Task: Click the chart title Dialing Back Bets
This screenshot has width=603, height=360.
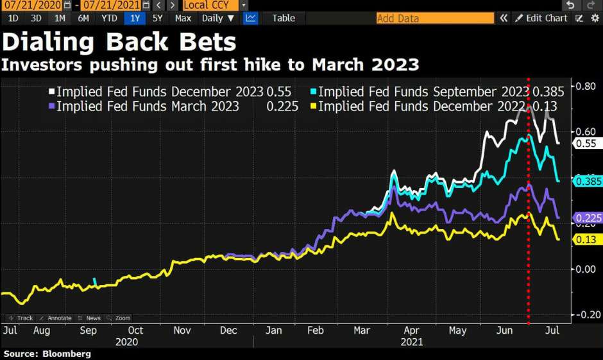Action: click(119, 42)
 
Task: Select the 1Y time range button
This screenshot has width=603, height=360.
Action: click(134, 18)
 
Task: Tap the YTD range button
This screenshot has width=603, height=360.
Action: click(109, 18)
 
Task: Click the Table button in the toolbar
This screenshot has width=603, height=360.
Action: click(283, 18)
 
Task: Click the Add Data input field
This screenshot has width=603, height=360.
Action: click(435, 18)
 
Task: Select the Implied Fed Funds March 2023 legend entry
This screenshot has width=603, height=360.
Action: click(147, 107)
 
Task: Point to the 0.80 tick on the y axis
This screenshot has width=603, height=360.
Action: click(583, 86)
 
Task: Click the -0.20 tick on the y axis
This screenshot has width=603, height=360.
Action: click(582, 314)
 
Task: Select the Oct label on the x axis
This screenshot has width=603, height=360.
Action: click(135, 330)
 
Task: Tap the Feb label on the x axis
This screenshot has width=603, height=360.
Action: click(316, 330)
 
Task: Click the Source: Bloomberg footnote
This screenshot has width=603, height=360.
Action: click(47, 354)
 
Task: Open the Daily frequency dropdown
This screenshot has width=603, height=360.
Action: click(217, 18)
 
